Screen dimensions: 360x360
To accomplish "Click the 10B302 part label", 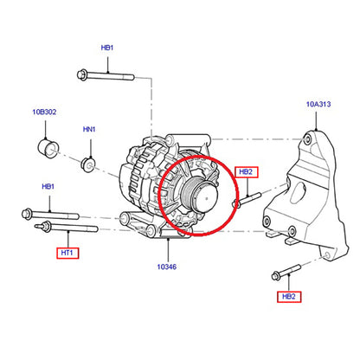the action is (44, 112).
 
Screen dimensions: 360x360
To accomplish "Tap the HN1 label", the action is (89, 129).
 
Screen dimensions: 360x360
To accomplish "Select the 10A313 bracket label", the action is (318, 104).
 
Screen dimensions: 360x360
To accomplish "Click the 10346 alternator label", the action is (167, 267).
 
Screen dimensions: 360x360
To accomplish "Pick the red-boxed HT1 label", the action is (67, 253).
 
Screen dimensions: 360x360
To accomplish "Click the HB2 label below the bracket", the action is (289, 297).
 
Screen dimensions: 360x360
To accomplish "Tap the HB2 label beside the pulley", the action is (247, 172).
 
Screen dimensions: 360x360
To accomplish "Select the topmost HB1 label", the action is (107, 48).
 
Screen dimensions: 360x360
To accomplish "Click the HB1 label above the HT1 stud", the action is (48, 186).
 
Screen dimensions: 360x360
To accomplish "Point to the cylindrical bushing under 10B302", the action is (48, 148).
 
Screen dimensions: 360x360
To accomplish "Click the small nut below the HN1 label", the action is (87, 164).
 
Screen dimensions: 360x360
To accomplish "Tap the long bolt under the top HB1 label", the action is (106, 75).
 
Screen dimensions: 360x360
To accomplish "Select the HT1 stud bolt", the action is (67, 227).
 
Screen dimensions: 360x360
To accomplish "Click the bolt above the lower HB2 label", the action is (286, 272).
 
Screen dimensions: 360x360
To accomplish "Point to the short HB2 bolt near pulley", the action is (247, 200).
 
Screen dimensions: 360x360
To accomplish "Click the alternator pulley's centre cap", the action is (206, 197).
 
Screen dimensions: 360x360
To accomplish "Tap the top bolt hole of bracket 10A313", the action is (308, 140).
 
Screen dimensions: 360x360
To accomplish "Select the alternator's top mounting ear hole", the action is (170, 141).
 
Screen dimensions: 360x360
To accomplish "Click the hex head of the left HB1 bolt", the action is (27, 214).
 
